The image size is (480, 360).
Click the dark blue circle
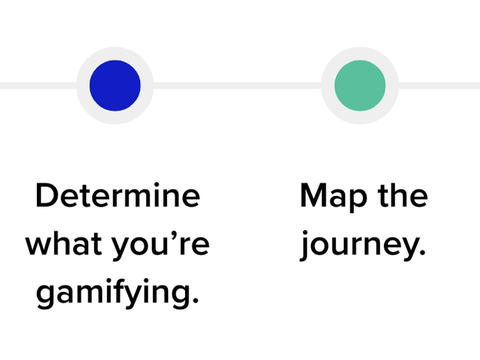click(115, 85)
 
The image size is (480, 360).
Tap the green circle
click(360, 85)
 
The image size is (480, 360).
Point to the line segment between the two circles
click(237, 85)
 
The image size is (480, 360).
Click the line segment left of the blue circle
click(38, 85)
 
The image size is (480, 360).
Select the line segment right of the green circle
click(439, 85)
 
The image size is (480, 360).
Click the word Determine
click(118, 195)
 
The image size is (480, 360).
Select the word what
click(64, 244)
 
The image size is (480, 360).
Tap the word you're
click(161, 246)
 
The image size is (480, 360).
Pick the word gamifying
click(118, 294)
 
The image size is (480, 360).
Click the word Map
click(334, 197)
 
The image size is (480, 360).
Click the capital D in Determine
click(47, 195)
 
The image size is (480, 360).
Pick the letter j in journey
click(305, 246)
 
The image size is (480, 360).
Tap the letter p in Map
click(359, 201)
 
